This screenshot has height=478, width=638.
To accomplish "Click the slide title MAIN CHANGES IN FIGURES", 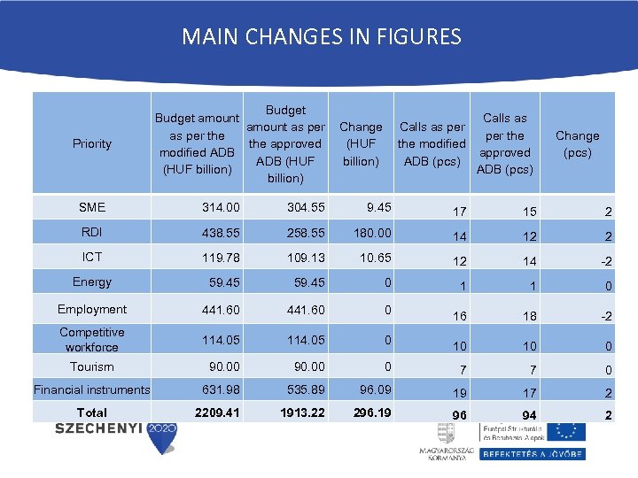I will point(321,37).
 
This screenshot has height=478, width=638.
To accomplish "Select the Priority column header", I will point(92,143).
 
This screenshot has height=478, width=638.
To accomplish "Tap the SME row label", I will point(92,207).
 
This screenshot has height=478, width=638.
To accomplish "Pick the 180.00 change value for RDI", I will point(372,233).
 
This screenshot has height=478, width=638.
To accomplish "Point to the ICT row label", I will point(92,257).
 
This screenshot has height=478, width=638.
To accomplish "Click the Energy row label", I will point(92,281).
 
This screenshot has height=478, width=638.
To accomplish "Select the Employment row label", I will point(92,309).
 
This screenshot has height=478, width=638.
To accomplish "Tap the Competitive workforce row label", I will point(92,339).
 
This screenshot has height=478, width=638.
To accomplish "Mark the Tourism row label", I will point(92,366).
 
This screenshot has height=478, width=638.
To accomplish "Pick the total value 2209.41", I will point(218,412).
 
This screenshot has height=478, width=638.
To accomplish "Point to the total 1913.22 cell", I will point(302,412).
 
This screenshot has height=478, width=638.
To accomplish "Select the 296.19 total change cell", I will point(370,412).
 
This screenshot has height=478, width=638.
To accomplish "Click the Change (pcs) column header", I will point(577,143).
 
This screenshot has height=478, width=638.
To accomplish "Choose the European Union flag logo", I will point(565,431).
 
